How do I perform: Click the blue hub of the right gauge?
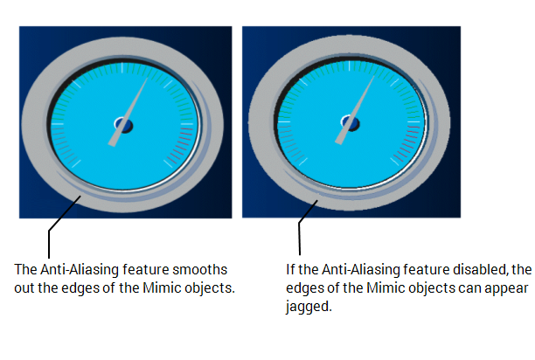point(347,127)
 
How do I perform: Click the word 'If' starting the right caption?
point(291,268)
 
